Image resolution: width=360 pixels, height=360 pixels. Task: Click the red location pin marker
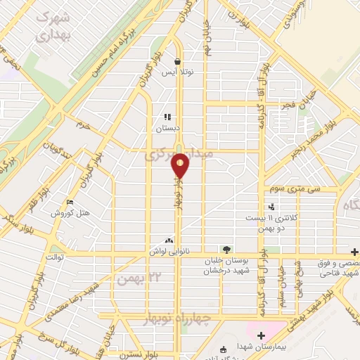point(181,166)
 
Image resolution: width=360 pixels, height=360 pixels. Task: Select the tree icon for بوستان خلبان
point(226,250)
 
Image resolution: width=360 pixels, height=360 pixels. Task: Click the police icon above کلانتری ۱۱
point(272,207)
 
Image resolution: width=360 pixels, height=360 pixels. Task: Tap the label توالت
point(55,258)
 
